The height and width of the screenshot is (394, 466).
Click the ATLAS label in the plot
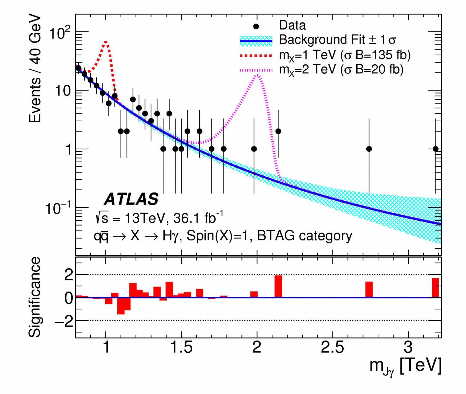click(x=131, y=199)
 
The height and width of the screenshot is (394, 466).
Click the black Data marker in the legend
click(x=256, y=26)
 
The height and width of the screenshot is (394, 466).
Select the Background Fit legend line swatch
click(x=256, y=41)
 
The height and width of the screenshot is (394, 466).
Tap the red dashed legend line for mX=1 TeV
click(x=256, y=56)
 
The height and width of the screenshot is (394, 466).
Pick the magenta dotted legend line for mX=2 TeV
click(x=256, y=71)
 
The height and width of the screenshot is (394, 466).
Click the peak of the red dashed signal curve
click(x=106, y=42)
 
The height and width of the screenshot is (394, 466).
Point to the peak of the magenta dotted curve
click(x=257, y=75)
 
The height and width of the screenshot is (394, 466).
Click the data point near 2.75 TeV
click(x=369, y=149)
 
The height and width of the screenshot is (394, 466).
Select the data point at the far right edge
click(x=436, y=149)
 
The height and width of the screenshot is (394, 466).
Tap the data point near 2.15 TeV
click(x=278, y=131)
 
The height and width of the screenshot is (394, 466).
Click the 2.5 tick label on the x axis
click(x=332, y=347)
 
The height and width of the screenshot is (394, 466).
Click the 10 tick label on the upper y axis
click(x=63, y=91)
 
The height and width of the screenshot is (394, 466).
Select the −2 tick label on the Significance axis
click(x=64, y=321)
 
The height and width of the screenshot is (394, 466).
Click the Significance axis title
click(x=34, y=297)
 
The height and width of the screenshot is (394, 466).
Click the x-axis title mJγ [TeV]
click(x=405, y=366)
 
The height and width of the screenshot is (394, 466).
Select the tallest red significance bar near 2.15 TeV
click(x=278, y=286)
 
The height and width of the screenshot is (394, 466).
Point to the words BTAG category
click(x=304, y=236)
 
